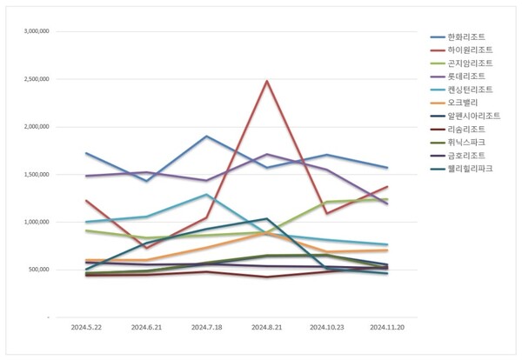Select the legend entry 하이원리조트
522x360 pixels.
[x=468, y=50]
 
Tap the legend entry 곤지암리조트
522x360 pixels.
[x=468, y=63]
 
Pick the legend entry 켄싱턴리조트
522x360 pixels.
[x=468, y=90]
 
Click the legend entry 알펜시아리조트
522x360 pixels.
[x=472, y=116]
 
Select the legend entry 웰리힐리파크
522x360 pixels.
[x=468, y=168]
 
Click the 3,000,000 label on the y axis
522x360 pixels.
[x=34, y=31]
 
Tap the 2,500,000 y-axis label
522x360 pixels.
[x=34, y=79]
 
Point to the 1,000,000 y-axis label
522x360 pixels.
[x=34, y=222]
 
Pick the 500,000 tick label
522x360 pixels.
[x=37, y=270]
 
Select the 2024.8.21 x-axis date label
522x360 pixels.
[x=267, y=329]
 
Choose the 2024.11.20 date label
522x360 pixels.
[x=387, y=329]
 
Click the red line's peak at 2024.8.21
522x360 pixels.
[x=267, y=81]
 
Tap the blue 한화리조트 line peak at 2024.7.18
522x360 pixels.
[x=205, y=137]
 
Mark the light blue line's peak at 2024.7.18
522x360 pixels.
[x=205, y=195]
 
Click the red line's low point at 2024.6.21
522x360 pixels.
[x=146, y=248]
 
